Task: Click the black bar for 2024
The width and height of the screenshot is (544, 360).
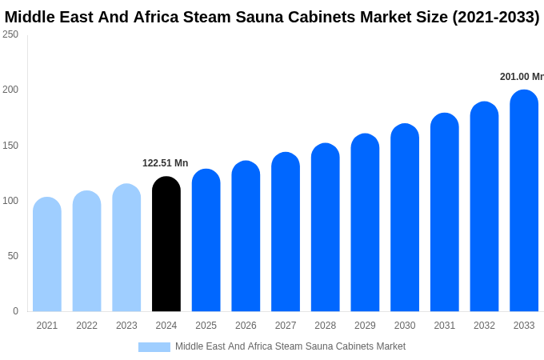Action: click(166, 244)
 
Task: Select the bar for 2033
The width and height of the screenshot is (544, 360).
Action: click(524, 201)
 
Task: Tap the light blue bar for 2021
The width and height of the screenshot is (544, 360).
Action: click(47, 254)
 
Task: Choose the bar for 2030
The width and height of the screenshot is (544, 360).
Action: click(405, 218)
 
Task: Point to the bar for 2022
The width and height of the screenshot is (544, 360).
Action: click(87, 251)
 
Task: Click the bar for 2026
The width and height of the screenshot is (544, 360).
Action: click(246, 236)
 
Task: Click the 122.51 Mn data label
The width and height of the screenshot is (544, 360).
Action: click(165, 163)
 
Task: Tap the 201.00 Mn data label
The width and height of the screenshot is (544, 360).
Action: click(522, 77)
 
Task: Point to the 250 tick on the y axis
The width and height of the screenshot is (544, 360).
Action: click(10, 34)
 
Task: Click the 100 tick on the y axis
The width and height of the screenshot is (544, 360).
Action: click(10, 201)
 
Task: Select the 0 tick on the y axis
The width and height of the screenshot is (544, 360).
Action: click(15, 311)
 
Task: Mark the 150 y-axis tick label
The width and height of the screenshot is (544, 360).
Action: click(10, 146)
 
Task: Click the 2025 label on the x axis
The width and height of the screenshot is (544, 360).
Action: click(206, 326)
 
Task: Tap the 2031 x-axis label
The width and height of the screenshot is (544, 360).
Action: click(445, 326)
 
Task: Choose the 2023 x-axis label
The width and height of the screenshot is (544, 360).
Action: click(126, 326)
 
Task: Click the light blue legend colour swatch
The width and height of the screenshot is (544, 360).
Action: click(154, 347)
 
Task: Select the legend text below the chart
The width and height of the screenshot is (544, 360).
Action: click(290, 346)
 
